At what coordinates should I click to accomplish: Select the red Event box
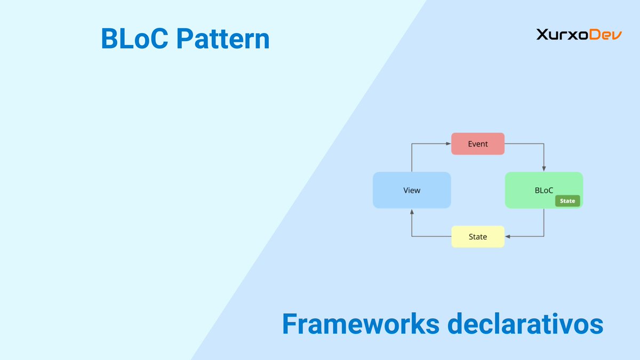[x=477, y=144]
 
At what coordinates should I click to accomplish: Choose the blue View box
[x=412, y=190]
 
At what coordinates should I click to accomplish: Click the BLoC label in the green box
[x=543, y=190]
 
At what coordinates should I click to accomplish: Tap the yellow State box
[x=477, y=236]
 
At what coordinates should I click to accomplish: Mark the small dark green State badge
[x=567, y=201]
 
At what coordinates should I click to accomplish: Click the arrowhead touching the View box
[x=412, y=212]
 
